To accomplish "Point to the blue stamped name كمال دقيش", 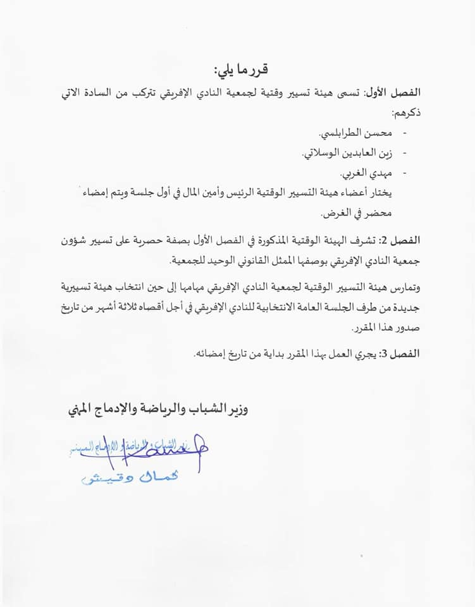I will [x=130, y=478].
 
